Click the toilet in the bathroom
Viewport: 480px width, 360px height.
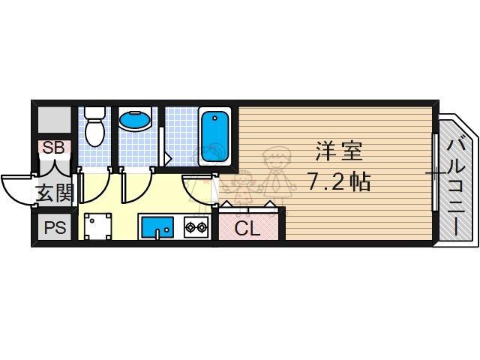pos(94,127)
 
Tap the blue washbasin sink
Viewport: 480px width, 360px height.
pos(135,120)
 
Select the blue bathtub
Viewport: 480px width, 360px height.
pos(214,136)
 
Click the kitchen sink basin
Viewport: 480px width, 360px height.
pos(157,226)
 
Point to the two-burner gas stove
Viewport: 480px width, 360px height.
pos(196,227)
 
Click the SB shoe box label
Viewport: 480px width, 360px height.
pos(53,148)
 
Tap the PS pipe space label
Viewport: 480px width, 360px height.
pos(55,227)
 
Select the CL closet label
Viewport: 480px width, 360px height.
pos(247,228)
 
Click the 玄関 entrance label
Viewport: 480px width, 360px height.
pos(55,193)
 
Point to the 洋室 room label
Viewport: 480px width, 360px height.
pos(339,151)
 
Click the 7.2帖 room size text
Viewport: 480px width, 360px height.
pos(339,181)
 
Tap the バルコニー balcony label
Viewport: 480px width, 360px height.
pos(457,187)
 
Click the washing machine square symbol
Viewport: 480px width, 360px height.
pos(97,226)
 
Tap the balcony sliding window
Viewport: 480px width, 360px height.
pos(435,172)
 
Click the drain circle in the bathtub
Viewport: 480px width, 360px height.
pos(215,118)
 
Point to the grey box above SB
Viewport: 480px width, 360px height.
pos(55,120)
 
